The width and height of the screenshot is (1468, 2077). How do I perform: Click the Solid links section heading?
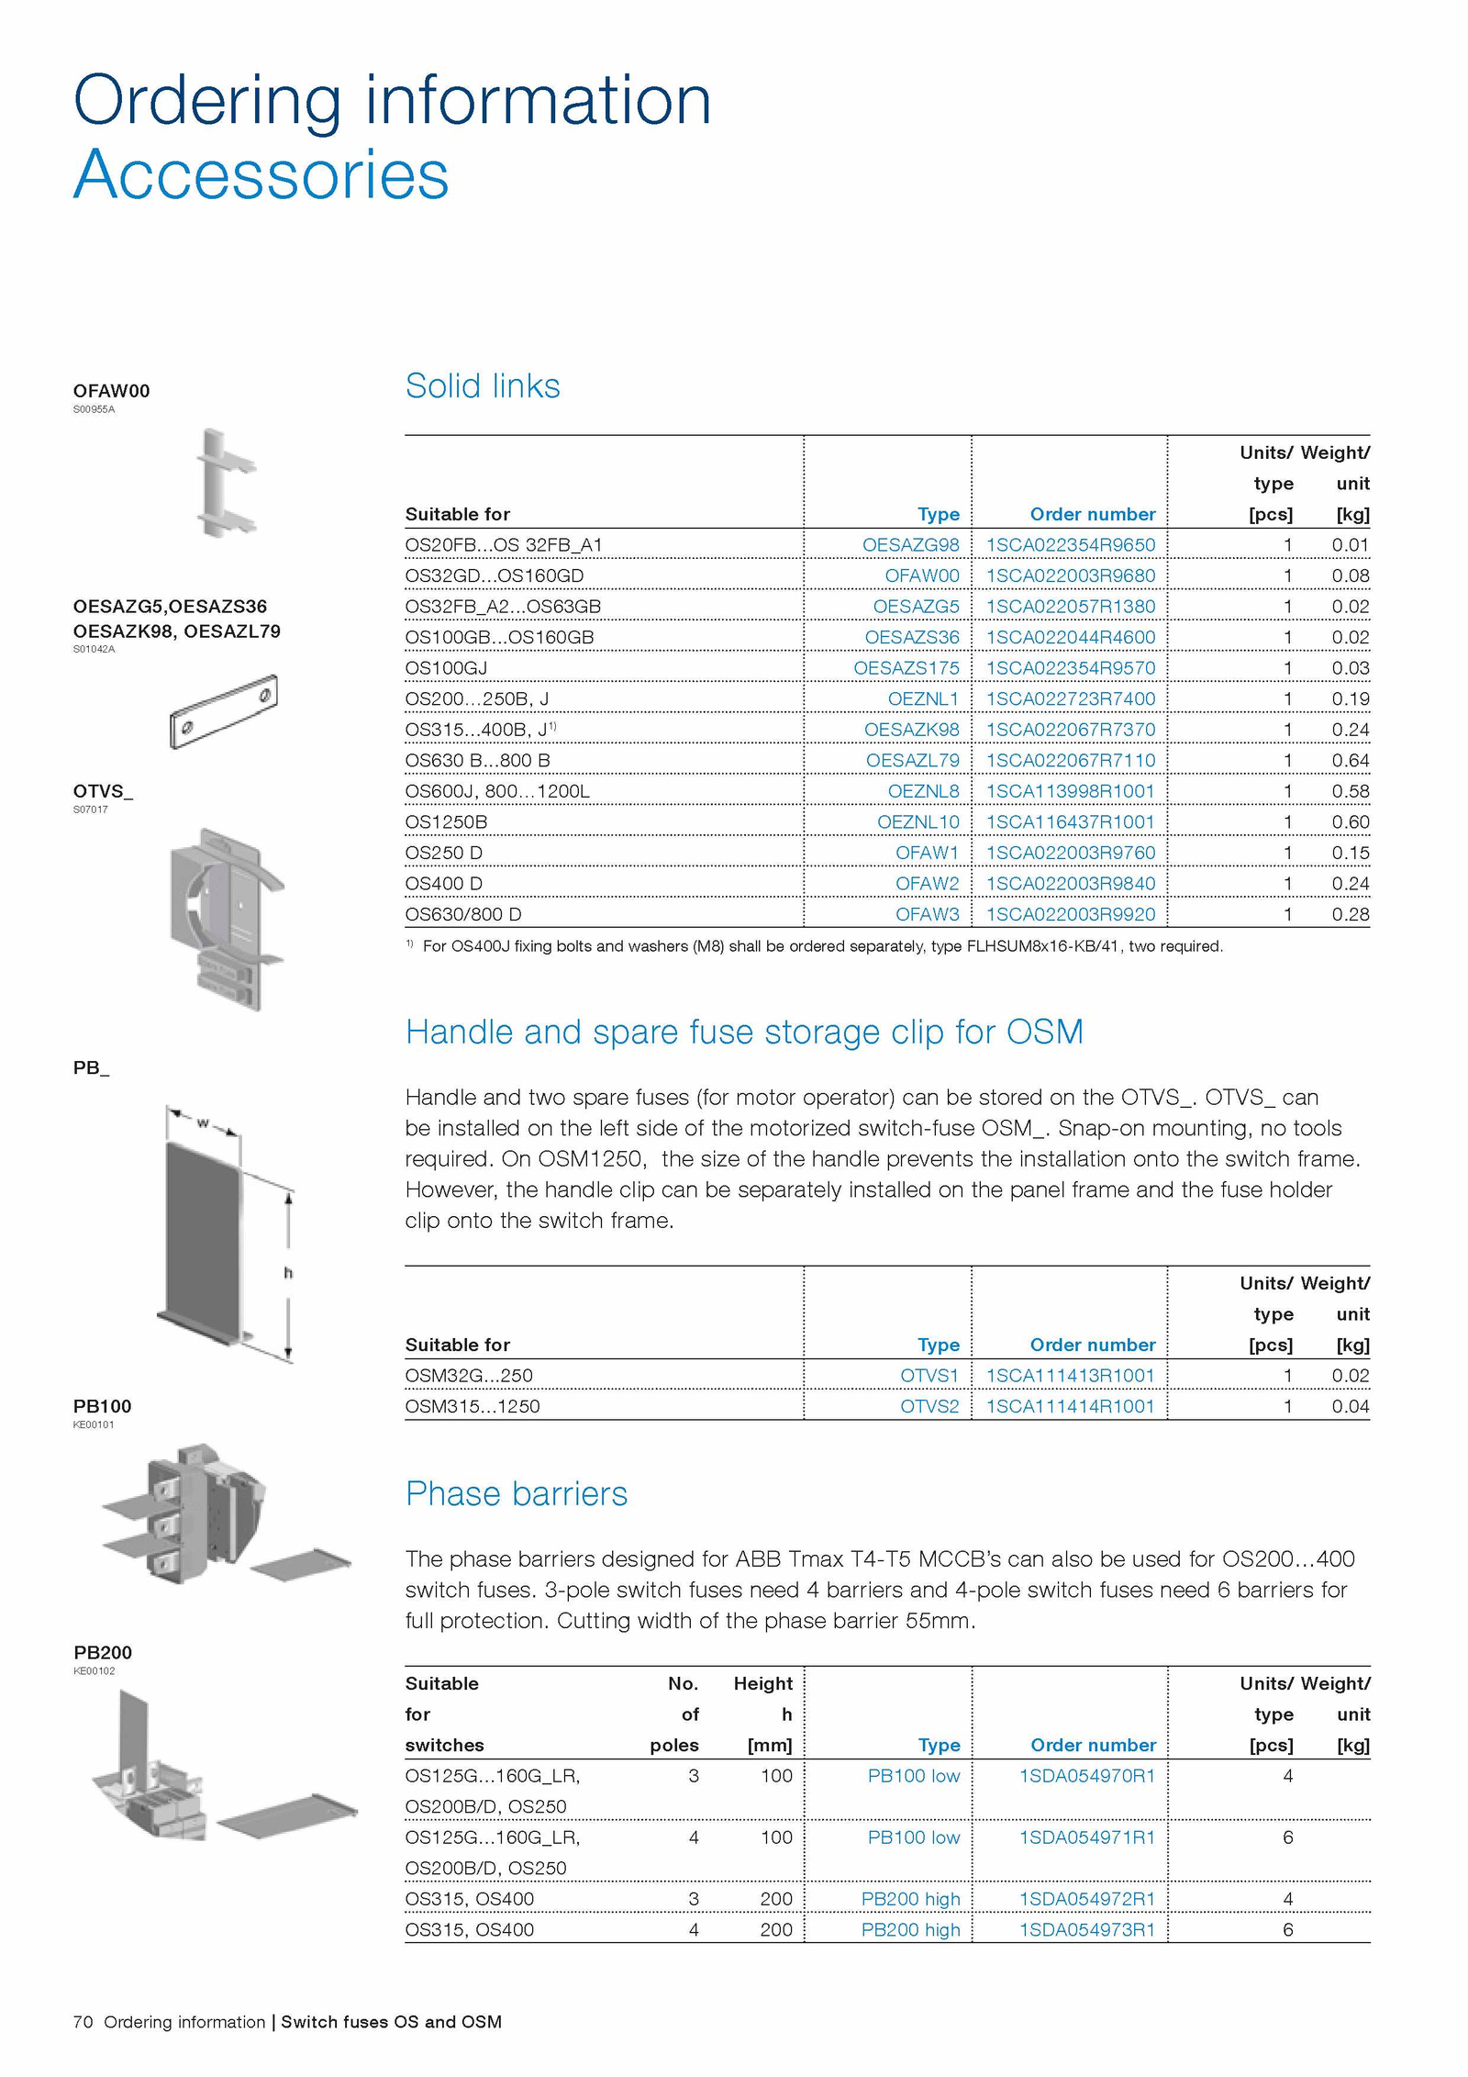tap(483, 386)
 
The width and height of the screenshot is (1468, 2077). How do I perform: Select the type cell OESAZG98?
tap(910, 545)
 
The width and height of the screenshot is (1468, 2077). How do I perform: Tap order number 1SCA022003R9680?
tap(1070, 575)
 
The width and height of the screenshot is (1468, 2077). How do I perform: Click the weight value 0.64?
tap(1350, 760)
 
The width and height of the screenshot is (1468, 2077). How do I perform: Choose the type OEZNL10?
tap(917, 821)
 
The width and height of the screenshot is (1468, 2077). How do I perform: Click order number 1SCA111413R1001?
tap(1070, 1375)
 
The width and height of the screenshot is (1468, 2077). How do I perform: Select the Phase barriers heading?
tap(517, 1493)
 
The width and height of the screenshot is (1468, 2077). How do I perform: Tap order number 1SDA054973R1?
tap(1086, 1929)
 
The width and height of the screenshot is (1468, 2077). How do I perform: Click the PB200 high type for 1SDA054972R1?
tap(910, 1898)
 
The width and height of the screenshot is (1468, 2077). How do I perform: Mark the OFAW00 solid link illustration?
tap(226, 484)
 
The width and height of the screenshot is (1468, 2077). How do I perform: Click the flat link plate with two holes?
tap(223, 712)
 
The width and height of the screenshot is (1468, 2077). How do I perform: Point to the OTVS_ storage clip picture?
tap(225, 918)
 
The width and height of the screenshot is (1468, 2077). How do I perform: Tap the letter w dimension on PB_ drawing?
tap(203, 1122)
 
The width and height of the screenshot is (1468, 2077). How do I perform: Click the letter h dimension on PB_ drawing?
tap(288, 1272)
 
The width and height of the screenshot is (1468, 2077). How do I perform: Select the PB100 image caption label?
tap(102, 1406)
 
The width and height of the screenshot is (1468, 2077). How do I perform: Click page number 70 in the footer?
tap(83, 2022)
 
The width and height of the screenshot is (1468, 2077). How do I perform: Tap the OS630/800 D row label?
tap(462, 914)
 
